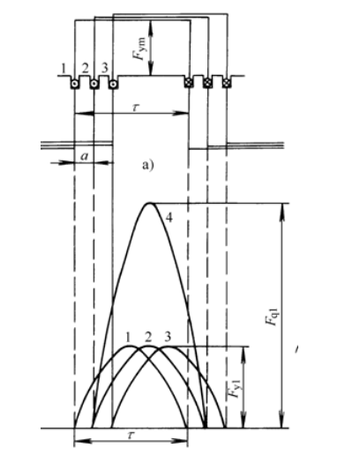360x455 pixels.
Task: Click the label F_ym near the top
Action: (x=139, y=48)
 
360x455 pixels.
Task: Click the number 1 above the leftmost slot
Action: (x=63, y=69)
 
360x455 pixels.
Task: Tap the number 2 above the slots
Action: (x=85, y=69)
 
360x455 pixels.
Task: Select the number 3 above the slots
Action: (x=105, y=68)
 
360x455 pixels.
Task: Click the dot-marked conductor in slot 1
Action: (x=74, y=84)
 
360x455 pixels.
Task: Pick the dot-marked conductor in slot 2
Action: (x=94, y=84)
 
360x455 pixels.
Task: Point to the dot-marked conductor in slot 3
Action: (x=113, y=85)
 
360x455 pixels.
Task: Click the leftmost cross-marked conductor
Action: (x=188, y=83)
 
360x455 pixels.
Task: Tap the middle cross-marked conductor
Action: (x=207, y=83)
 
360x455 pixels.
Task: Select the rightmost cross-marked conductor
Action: (x=226, y=83)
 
